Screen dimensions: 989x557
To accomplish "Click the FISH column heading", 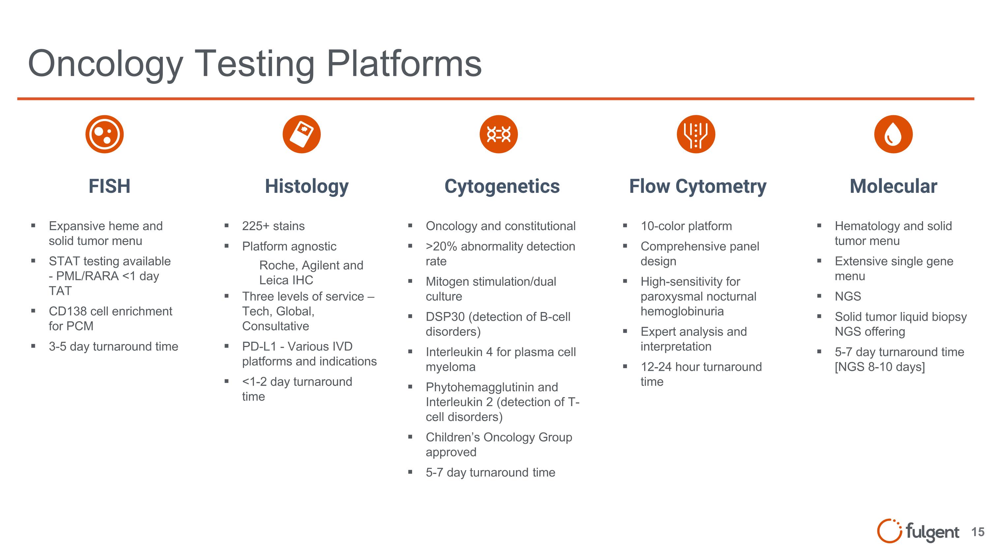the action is (109, 187).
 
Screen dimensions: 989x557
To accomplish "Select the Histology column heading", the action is (307, 187).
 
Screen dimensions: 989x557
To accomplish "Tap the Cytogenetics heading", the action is (502, 187).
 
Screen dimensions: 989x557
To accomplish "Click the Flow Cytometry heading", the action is (698, 187).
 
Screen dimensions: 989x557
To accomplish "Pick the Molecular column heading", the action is (893, 187).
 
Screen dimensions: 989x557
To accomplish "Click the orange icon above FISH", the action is (105, 134).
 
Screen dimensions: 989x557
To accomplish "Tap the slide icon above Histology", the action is (301, 134).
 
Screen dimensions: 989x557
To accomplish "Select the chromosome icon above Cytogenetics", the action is (498, 134).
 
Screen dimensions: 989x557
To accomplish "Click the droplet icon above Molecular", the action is (893, 134).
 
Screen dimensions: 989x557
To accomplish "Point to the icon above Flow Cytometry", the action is (696, 134).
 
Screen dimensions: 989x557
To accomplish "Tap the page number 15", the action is (977, 532).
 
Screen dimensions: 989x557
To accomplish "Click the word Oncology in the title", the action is (105, 64).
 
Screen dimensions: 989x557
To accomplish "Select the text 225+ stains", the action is (273, 226).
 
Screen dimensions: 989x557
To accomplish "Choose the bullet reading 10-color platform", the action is (686, 226).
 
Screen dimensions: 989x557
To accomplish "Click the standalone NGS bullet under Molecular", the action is (848, 296).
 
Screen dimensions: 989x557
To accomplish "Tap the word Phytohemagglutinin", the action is (492, 387).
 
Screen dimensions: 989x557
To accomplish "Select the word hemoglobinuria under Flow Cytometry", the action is (682, 311).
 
